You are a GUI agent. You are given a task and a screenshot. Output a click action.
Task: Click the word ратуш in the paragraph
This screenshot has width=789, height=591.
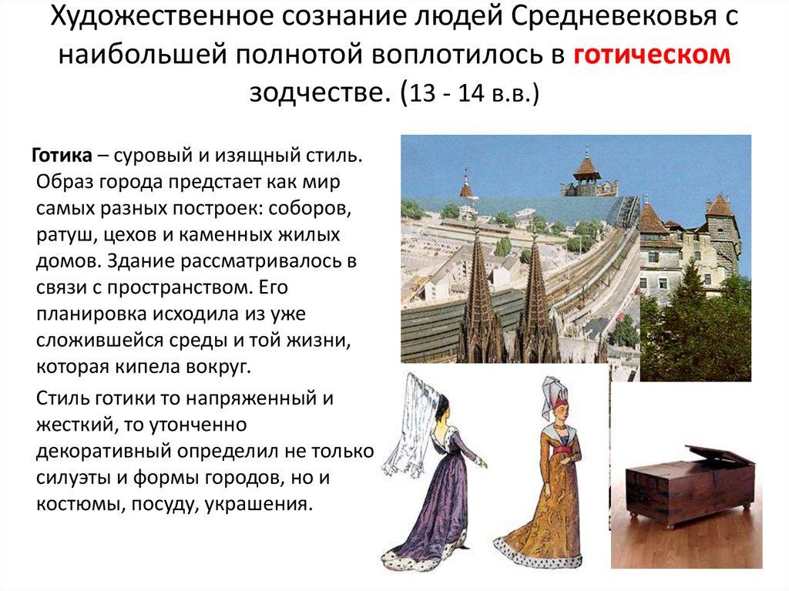tap(62, 233)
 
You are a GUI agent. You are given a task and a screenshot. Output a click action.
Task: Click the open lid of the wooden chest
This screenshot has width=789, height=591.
tap(720, 454)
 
